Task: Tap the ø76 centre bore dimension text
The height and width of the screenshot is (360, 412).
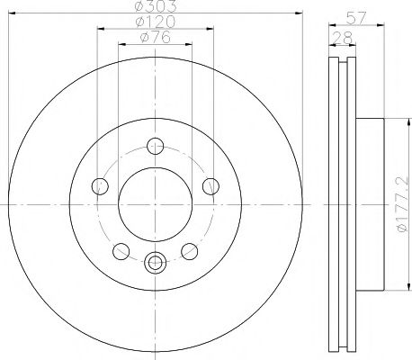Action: (155, 37)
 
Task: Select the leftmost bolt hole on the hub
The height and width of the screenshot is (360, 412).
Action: (100, 186)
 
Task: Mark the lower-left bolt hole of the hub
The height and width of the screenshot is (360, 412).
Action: (120, 251)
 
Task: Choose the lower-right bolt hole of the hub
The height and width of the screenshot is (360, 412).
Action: (189, 251)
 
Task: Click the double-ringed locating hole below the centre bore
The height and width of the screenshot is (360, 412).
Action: (155, 263)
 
